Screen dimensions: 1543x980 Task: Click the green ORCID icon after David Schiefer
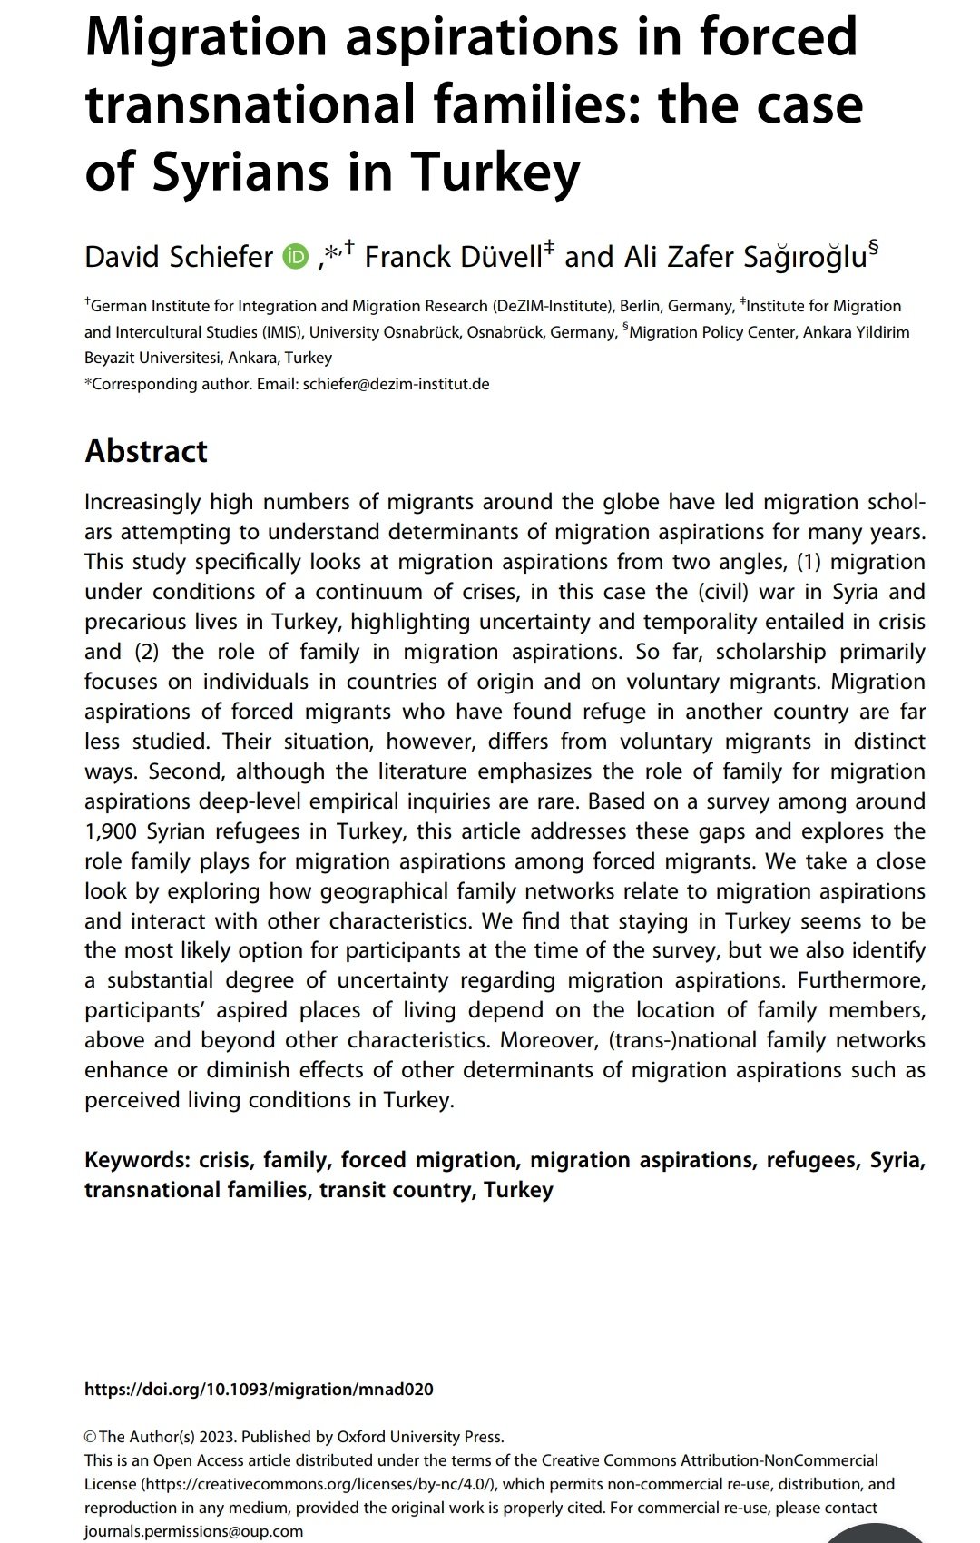pyautogui.click(x=296, y=257)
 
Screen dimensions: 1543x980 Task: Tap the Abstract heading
pyautogui.click(x=146, y=451)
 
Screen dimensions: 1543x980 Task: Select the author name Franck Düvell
pyautogui.click(x=453, y=257)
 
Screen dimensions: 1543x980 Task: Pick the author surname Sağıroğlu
pyautogui.click(x=805, y=257)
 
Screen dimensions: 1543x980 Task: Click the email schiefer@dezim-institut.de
pyautogui.click(x=396, y=384)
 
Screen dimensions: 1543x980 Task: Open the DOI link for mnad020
pyautogui.click(x=259, y=1389)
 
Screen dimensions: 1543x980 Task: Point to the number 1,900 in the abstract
pyautogui.click(x=111, y=831)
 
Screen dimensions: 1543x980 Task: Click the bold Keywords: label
pyautogui.click(x=137, y=1160)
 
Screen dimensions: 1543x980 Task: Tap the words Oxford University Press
pyautogui.click(x=419, y=1437)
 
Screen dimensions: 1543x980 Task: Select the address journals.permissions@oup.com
pyautogui.click(x=193, y=1531)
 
